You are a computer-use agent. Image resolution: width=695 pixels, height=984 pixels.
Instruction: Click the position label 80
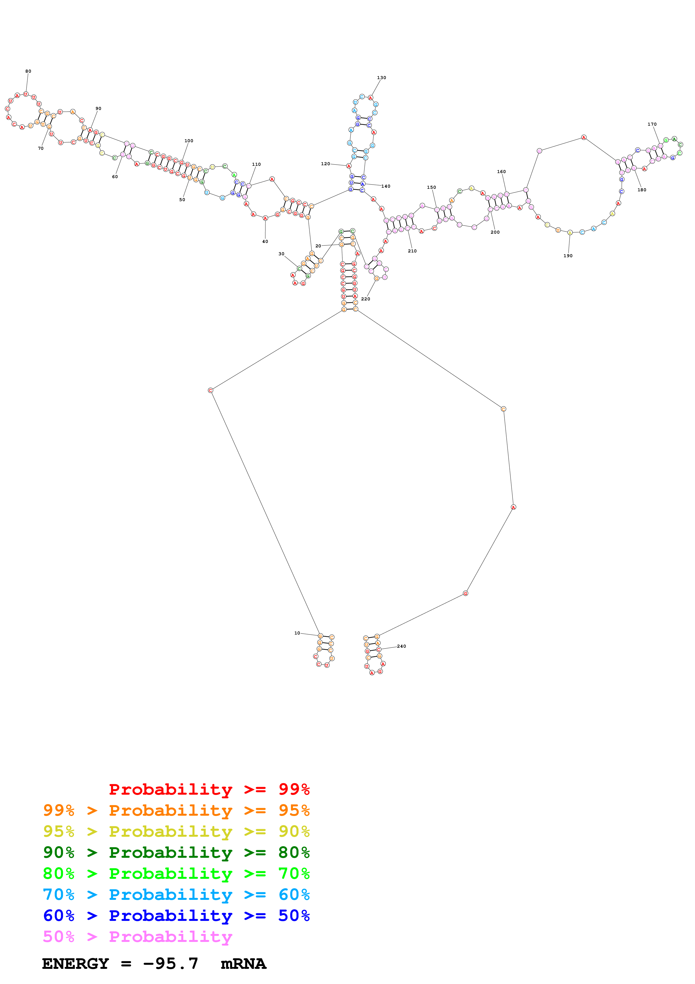28,71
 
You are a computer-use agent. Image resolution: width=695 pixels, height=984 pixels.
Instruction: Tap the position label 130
381,78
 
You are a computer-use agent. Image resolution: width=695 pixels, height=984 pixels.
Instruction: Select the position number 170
652,124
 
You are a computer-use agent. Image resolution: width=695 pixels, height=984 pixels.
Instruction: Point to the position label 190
568,256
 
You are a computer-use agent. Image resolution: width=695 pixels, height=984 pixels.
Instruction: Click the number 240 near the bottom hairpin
401,646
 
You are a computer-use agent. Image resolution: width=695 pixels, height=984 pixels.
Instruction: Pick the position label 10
297,633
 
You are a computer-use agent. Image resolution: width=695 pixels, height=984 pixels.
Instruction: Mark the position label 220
365,299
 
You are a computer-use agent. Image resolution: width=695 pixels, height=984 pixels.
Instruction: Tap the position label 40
265,241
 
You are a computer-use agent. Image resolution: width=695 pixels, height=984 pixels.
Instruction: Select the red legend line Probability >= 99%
209,789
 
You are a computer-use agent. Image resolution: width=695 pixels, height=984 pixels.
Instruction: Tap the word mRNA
243,964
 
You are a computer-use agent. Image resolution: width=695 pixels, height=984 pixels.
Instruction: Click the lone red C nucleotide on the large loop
210,390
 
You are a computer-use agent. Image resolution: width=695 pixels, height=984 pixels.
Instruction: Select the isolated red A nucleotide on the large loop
513,507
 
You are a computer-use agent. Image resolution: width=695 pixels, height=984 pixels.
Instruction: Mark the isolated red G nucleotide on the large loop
465,593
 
